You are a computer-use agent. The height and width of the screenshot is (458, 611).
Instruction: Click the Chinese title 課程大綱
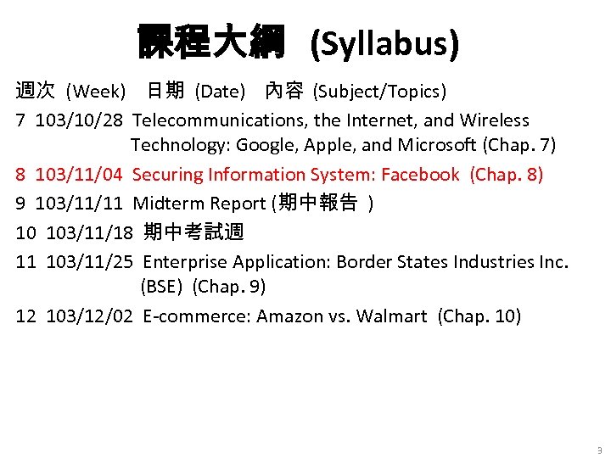(211, 42)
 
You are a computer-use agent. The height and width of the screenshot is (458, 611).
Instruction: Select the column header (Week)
(96, 91)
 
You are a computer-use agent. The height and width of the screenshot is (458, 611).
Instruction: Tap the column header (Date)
(220, 91)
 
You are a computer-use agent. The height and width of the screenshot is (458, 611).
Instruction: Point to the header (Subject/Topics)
(379, 91)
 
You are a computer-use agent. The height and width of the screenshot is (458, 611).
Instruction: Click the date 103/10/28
(79, 120)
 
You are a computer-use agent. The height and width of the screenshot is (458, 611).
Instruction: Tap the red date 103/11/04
(79, 175)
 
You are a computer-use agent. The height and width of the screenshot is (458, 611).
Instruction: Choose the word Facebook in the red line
(420, 175)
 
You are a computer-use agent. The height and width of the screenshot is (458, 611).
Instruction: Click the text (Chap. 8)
(507, 175)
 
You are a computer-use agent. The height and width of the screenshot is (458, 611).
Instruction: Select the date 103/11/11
(79, 204)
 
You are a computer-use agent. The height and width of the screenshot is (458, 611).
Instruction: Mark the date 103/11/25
(89, 261)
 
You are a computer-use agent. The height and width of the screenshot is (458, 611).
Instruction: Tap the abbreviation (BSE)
(162, 287)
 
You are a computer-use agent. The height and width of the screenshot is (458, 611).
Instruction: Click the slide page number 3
(599, 450)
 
